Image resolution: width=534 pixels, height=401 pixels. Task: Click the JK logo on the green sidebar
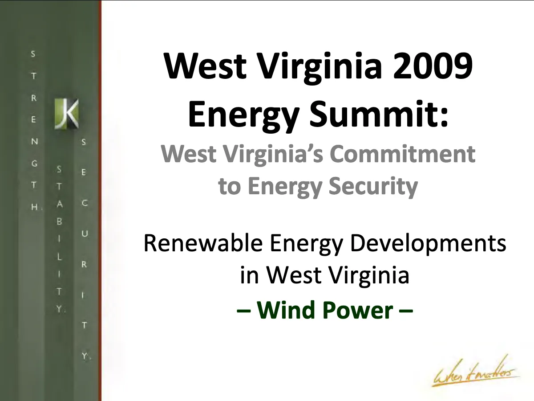pos(66,114)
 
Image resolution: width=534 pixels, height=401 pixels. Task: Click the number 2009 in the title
pos(432,66)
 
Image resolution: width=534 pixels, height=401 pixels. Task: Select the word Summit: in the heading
pos(379,114)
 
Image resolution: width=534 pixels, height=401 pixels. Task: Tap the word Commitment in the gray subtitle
pos(403,154)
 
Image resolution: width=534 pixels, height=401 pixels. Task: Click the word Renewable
pos(203,243)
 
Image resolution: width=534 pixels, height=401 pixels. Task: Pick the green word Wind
pos(287,310)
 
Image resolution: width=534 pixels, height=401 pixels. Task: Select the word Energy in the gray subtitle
pos(285,187)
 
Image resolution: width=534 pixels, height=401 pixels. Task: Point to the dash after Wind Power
pos(406,311)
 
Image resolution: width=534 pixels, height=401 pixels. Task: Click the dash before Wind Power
pos(243,311)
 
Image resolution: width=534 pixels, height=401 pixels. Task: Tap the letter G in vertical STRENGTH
pos(34,164)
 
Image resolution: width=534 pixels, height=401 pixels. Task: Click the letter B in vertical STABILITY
pos(59,221)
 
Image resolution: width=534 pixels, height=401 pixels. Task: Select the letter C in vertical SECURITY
pos(85,203)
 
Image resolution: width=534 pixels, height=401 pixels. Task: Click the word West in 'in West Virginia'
pos(294,275)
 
